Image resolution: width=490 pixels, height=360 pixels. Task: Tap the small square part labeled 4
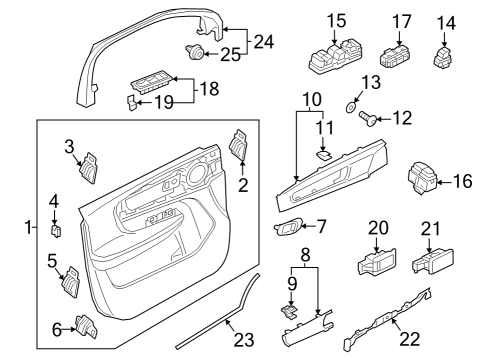pyautogui.click(x=56, y=231)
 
